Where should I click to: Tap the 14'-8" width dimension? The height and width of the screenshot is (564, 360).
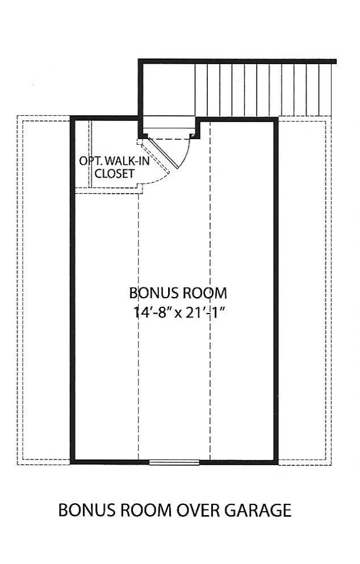152,312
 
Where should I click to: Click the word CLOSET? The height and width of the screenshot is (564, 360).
114,174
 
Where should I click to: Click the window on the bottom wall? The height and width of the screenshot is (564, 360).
174,462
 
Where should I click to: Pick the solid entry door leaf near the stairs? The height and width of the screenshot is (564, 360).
164,153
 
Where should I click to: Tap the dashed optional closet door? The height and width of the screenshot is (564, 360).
153,156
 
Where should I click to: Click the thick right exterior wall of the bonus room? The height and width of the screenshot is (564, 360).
276,290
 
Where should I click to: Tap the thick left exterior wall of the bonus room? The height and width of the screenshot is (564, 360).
73,290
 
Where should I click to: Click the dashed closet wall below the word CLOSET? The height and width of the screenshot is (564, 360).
108,191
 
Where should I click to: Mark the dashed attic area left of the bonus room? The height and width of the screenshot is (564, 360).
44,290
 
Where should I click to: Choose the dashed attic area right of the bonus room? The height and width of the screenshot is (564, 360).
304,290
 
